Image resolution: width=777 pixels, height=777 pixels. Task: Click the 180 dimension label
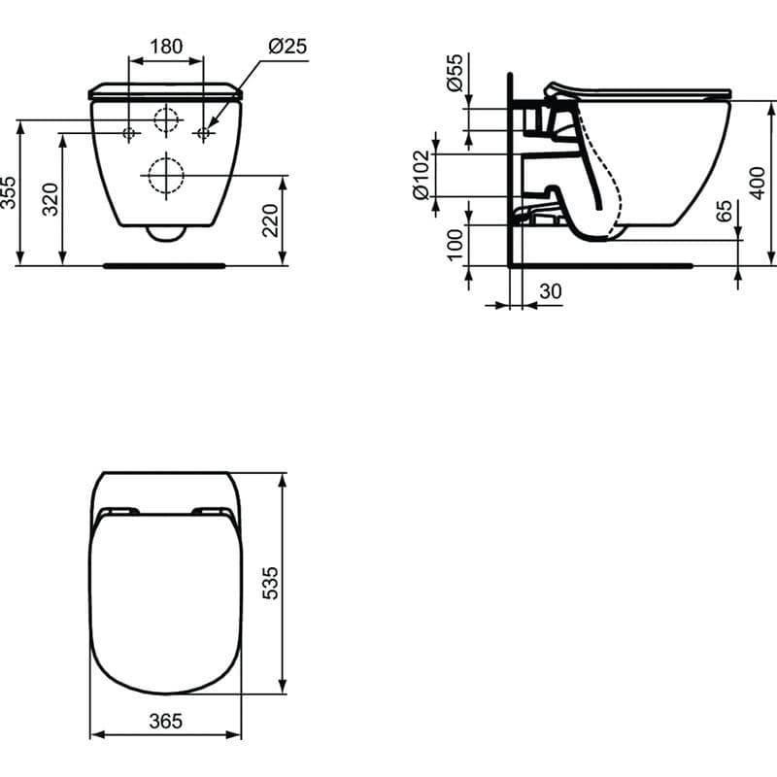click(x=166, y=47)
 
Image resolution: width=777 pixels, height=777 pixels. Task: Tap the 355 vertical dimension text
click(x=9, y=192)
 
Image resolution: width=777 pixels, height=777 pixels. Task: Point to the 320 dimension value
click(x=51, y=198)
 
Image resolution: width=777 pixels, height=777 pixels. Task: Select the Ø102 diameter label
click(x=421, y=175)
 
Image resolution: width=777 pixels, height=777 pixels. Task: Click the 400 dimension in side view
click(x=760, y=182)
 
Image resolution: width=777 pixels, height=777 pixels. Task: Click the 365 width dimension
click(x=166, y=722)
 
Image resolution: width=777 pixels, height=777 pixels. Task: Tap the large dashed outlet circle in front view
click(x=166, y=176)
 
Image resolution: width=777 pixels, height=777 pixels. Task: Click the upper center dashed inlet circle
click(x=167, y=119)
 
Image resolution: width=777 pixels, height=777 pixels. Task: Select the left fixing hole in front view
click(x=130, y=132)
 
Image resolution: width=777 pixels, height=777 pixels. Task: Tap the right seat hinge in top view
click(x=212, y=511)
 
